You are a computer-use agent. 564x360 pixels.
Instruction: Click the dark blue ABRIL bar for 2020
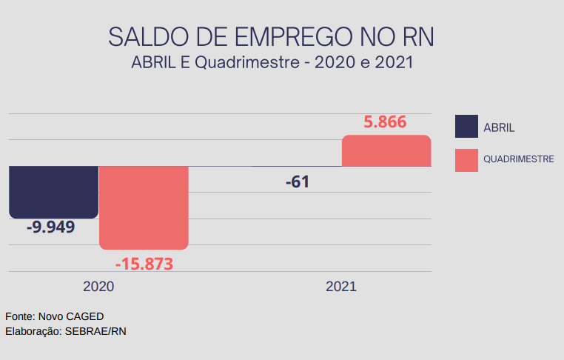coord(53,192)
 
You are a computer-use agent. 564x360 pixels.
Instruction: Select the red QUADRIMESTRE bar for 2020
coord(144,207)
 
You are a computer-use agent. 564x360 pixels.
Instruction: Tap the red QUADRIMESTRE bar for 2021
coord(386,151)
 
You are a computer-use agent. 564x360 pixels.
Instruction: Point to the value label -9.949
coord(51,227)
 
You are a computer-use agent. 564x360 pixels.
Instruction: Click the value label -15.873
coord(144,263)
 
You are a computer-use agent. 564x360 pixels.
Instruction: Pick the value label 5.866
coord(385,122)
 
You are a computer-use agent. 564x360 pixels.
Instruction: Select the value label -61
coord(297,182)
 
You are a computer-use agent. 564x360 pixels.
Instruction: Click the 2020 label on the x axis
coord(98,286)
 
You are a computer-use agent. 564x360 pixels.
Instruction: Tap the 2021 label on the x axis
coord(341,286)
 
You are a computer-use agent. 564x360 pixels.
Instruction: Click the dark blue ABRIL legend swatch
coord(466,127)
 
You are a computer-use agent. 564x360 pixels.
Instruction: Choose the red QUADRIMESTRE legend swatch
coord(466,159)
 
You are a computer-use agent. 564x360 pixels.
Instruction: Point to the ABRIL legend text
coord(499,127)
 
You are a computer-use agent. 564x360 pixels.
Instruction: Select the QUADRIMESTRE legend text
coord(519,159)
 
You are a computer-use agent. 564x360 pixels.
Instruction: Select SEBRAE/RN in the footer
coord(96,331)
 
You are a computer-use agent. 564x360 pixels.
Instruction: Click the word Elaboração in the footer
coord(33,331)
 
